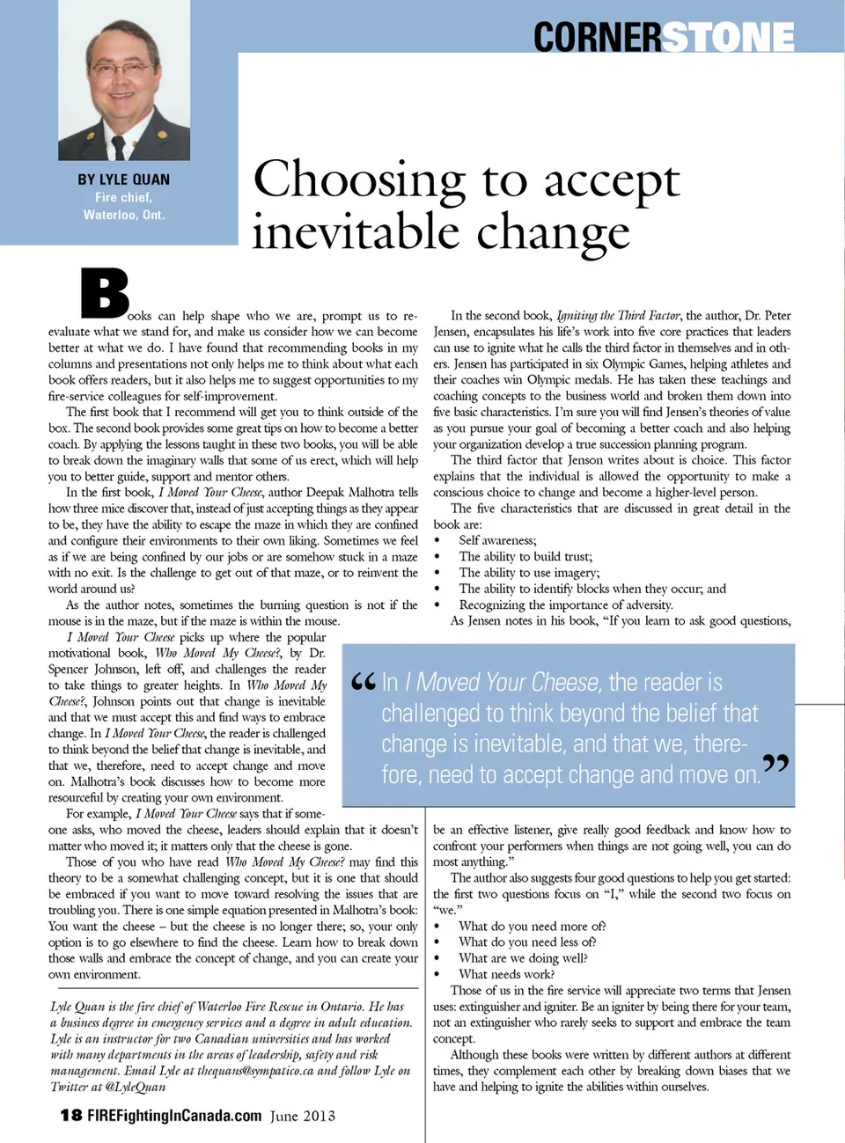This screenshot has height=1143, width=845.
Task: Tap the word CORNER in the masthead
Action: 596,37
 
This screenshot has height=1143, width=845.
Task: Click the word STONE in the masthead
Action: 728,37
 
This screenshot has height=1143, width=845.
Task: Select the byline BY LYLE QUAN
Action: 123,180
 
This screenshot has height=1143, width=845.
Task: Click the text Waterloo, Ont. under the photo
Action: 124,215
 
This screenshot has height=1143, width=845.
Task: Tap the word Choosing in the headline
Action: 359,180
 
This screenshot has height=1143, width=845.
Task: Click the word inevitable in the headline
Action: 354,232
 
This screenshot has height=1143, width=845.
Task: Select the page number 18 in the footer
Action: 71,1116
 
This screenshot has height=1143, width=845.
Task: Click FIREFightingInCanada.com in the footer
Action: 174,1116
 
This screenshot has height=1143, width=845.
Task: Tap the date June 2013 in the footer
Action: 302,1116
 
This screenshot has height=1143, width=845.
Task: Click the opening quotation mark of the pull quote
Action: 363,683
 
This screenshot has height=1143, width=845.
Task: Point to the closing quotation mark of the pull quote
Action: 775,765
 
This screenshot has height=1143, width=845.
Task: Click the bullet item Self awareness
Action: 497,540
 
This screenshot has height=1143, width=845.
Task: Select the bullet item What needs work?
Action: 506,974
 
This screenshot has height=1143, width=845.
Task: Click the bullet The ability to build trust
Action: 525,556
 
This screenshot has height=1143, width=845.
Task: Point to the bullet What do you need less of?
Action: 527,942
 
